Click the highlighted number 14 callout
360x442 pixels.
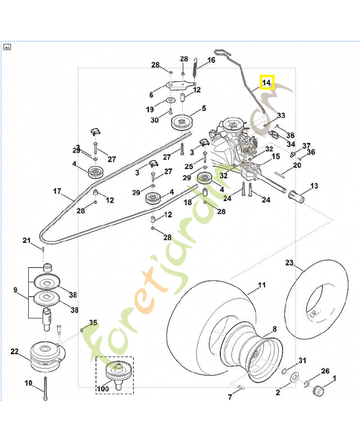coord(267,83)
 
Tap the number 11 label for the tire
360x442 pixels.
coord(262,285)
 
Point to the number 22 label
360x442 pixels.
coord(14,351)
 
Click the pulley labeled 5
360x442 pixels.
coord(181,122)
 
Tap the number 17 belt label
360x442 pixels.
coord(56,192)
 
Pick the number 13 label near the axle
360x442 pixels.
coord(314,186)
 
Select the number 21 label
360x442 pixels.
coord(27,240)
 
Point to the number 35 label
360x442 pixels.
coord(93,323)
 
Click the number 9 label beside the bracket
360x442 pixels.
coord(15,290)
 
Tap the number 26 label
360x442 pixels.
coord(325,371)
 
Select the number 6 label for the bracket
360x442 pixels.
coord(151,94)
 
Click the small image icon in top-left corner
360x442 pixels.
coord(7,47)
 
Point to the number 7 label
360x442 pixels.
coord(230,397)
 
